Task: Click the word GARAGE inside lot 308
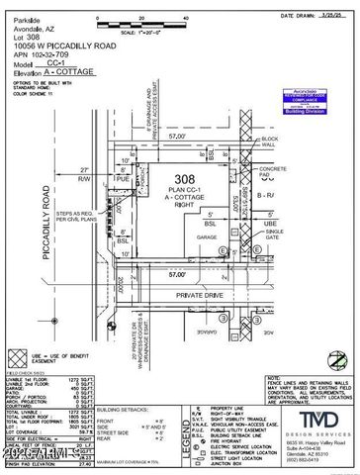point(206,237)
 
